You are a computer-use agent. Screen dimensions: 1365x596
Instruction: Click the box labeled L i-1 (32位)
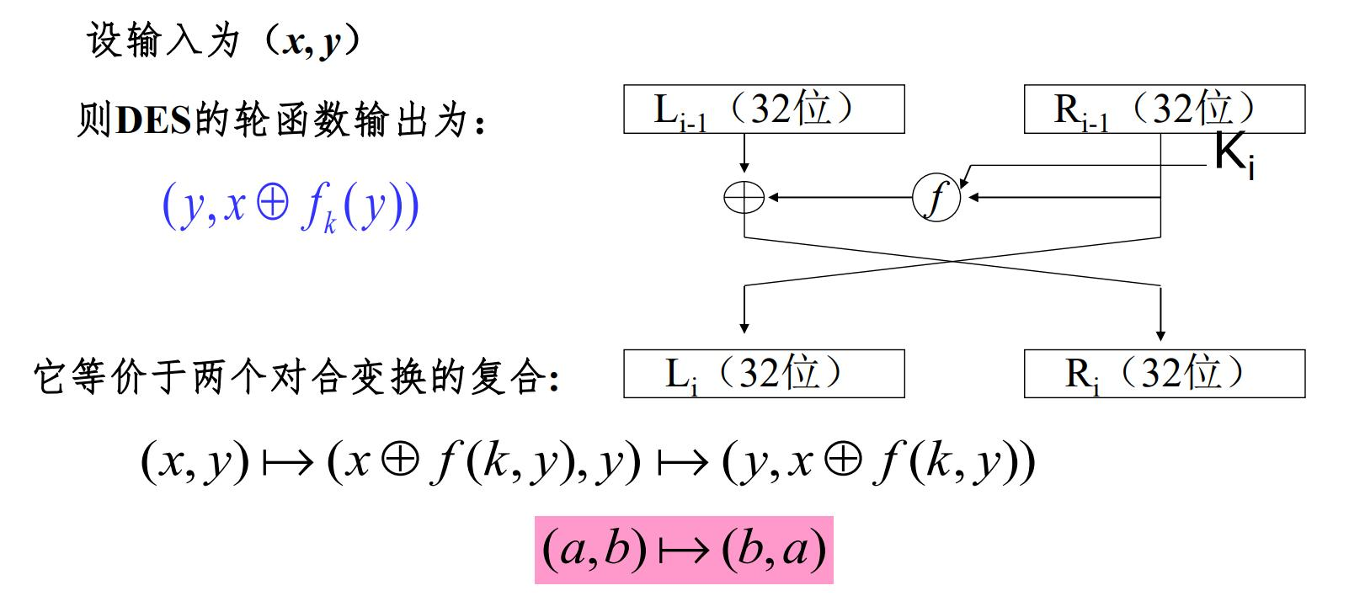[764, 109]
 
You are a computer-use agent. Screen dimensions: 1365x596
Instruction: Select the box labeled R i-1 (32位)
[1164, 109]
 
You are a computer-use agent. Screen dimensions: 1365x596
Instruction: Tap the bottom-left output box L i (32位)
[764, 374]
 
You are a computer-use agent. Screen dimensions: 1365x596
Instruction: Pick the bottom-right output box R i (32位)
[1164, 374]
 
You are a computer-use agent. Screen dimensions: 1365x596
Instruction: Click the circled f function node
[936, 199]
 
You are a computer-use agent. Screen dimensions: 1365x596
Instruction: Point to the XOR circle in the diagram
[744, 199]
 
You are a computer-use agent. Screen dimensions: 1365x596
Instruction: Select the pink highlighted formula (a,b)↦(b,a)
[684, 551]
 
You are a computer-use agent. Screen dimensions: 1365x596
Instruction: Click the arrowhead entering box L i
[744, 327]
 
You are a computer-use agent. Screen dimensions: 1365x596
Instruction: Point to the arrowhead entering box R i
[1161, 334]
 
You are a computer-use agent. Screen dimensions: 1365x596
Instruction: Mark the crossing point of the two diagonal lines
[952, 262]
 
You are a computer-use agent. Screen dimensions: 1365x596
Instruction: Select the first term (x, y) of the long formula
[195, 462]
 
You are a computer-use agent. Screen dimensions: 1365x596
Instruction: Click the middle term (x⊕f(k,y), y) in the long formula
[484, 462]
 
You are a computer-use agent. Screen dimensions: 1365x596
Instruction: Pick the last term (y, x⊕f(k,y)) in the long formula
[878, 462]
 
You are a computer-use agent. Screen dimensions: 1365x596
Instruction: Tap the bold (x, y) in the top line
[310, 41]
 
